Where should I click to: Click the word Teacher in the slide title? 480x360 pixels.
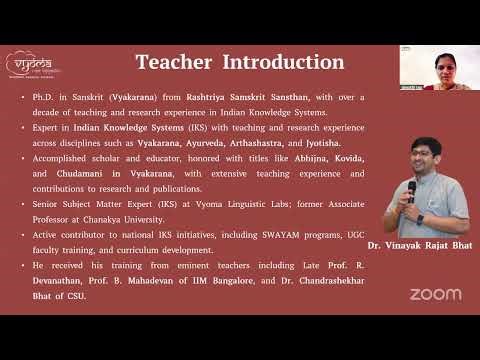(x=174, y=63)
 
